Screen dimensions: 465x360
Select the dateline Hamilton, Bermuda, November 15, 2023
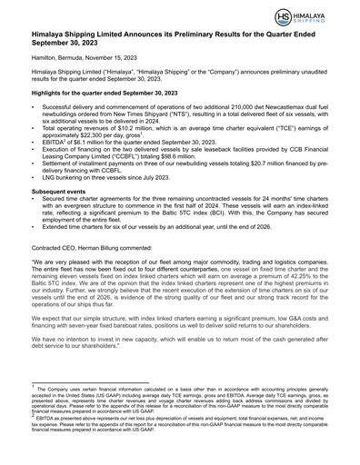87,80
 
